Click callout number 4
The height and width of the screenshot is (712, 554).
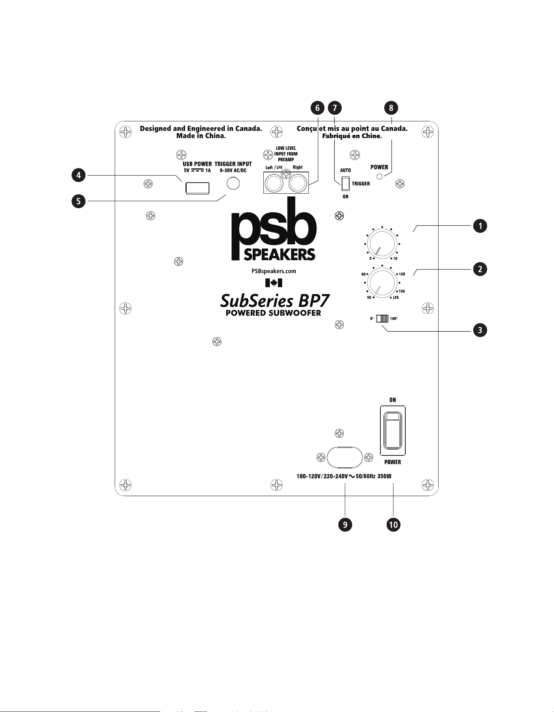(79, 175)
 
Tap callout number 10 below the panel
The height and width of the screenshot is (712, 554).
(393, 525)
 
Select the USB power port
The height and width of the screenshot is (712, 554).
(197, 188)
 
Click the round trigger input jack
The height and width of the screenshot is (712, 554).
(233, 183)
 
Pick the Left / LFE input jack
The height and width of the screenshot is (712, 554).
(274, 183)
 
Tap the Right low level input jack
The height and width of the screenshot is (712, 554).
(298, 183)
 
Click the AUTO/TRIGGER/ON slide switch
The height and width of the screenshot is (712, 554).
(346, 183)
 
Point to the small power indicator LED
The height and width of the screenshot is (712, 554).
(380, 176)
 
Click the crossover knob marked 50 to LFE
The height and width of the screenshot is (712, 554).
(382, 283)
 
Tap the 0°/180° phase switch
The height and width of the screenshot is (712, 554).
(382, 319)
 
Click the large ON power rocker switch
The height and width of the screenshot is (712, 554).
(393, 431)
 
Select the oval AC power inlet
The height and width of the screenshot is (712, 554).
(345, 457)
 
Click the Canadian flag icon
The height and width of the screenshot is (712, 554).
(274, 283)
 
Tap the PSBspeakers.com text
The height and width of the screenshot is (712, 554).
(274, 271)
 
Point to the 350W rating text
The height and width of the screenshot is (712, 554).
(384, 476)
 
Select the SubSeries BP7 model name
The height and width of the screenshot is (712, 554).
(275, 301)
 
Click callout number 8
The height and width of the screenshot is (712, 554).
(391, 108)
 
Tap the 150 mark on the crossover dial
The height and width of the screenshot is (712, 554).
(402, 291)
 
